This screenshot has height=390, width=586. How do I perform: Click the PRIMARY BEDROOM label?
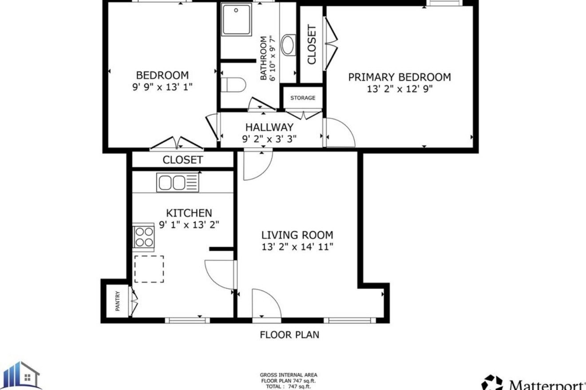[400, 77]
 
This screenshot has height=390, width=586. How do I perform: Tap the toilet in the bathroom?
[234, 85]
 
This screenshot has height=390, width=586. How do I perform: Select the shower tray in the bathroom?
[236, 20]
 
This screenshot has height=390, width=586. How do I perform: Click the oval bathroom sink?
[288, 46]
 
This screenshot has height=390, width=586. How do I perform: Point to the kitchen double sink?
[178, 182]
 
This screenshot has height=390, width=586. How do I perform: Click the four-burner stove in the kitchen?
[143, 237]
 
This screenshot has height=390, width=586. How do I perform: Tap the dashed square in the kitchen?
[149, 269]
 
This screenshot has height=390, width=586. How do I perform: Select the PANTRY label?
[118, 301]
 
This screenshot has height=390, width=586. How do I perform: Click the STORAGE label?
[303, 98]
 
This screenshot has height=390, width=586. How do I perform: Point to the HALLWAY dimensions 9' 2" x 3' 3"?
[269, 139]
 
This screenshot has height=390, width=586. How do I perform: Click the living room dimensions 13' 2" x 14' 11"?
[297, 247]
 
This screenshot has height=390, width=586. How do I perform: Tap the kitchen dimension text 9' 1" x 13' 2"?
[189, 225]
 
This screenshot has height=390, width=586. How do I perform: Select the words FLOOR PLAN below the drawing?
[289, 335]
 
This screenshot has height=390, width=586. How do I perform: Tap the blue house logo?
[20, 376]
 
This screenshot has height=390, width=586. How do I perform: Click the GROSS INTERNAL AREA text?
[289, 375]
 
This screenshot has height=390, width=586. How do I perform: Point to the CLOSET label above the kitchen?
[182, 160]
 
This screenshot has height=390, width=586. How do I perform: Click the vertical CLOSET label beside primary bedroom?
[312, 44]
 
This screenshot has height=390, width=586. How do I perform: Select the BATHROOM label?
[263, 58]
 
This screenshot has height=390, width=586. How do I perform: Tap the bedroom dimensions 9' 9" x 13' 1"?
[162, 87]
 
